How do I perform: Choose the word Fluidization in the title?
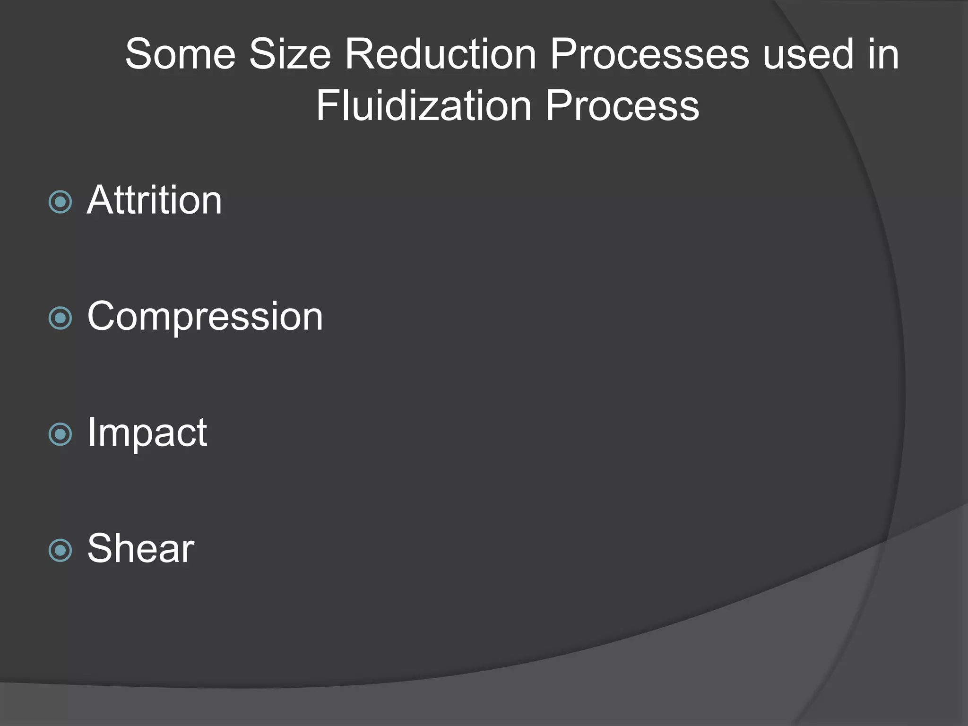423,106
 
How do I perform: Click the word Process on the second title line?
622,106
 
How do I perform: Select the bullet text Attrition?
154,200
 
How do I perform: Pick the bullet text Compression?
205,316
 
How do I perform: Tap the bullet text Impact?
147,432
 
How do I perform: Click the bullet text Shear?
140,548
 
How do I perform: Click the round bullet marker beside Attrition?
60,202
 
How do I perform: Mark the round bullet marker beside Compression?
60,318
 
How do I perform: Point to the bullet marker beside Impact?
60,434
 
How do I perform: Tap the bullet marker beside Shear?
60,550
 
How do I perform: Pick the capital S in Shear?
101,548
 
